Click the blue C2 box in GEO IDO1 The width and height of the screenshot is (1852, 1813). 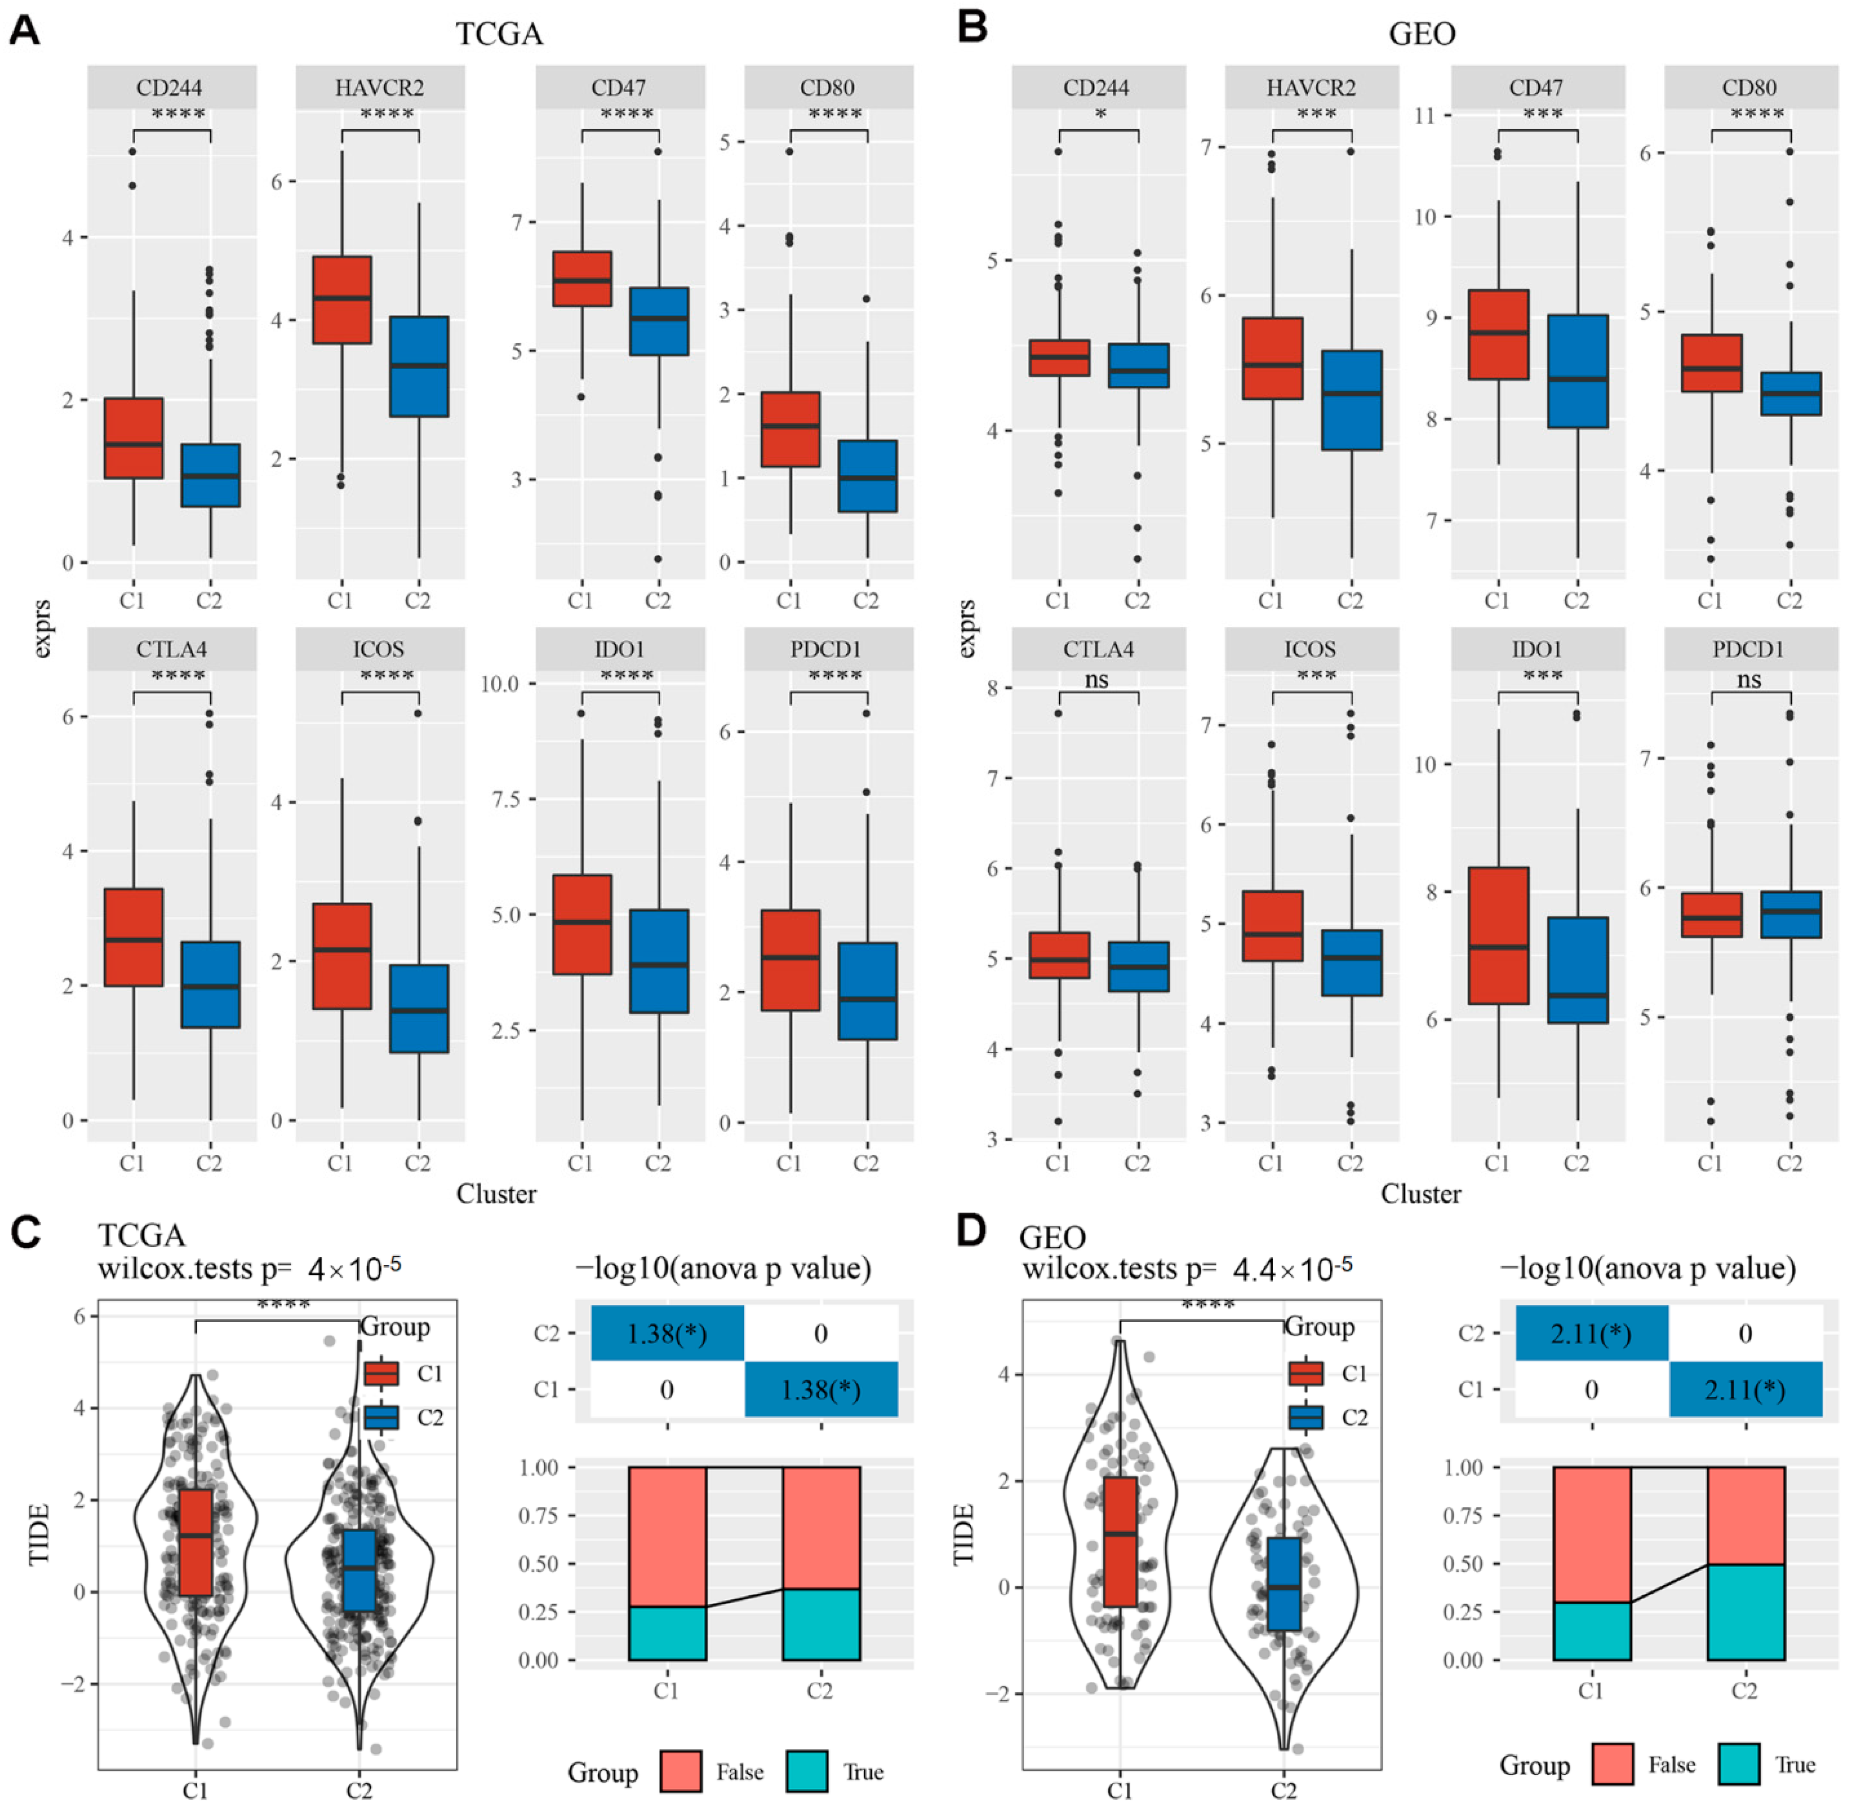click(1577, 969)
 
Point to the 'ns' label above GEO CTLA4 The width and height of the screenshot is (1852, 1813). click(1097, 680)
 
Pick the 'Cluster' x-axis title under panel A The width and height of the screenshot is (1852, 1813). click(496, 1194)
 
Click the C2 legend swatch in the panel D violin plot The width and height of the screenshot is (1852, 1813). click(1305, 1418)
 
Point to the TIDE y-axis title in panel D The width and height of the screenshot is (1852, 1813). click(964, 1534)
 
